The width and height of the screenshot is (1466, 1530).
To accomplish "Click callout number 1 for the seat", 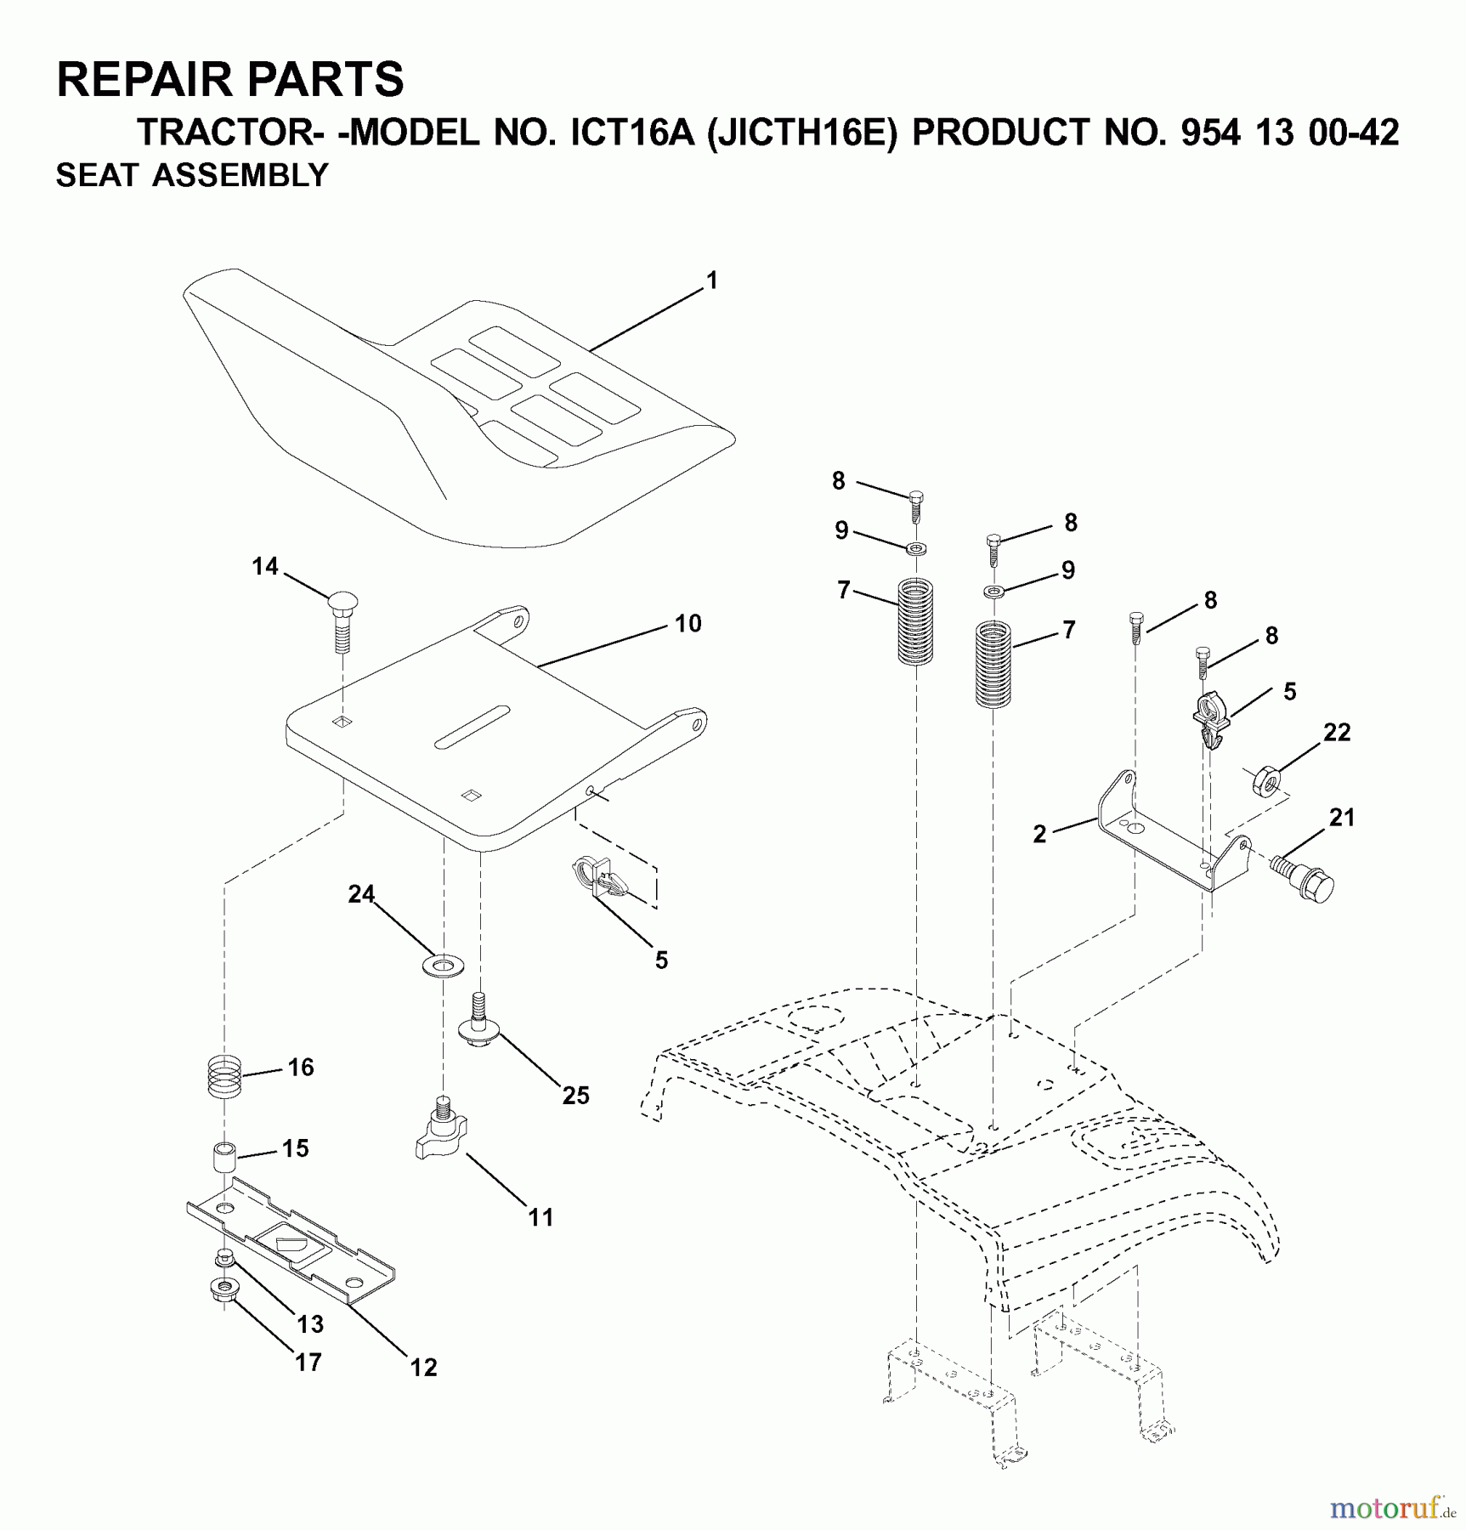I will pyautogui.click(x=712, y=280).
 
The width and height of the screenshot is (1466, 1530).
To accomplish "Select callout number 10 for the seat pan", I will pyautogui.click(x=688, y=624).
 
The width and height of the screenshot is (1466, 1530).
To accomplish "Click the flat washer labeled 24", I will pyautogui.click(x=442, y=966).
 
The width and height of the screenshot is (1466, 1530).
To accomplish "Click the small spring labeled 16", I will pyautogui.click(x=225, y=1077).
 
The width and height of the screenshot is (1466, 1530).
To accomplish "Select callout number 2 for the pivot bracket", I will pyautogui.click(x=1039, y=834).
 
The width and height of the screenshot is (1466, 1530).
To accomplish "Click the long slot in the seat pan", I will pyautogui.click(x=472, y=727).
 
